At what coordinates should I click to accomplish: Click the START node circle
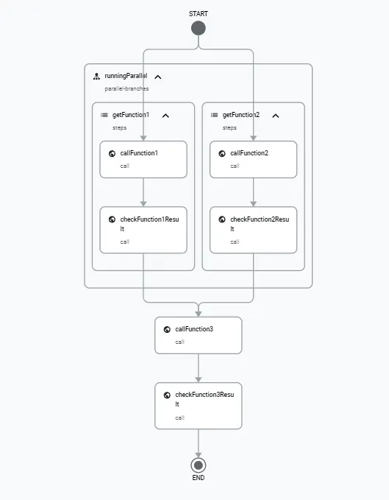pyautogui.click(x=198, y=28)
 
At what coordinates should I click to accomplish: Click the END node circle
pyautogui.click(x=198, y=465)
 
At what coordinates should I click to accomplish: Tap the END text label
pyautogui.click(x=198, y=478)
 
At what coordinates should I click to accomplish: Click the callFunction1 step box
pyautogui.click(x=143, y=159)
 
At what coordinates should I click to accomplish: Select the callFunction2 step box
pyautogui.click(x=254, y=159)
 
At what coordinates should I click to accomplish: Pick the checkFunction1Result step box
pyautogui.click(x=143, y=230)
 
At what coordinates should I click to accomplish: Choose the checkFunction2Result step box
pyautogui.click(x=254, y=230)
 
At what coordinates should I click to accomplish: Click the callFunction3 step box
pyautogui.click(x=198, y=335)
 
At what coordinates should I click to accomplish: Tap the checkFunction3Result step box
pyautogui.click(x=198, y=405)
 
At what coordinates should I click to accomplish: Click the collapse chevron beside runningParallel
pyautogui.click(x=157, y=77)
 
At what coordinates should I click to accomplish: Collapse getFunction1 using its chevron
pyautogui.click(x=165, y=116)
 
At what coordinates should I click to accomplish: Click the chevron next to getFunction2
pyautogui.click(x=276, y=116)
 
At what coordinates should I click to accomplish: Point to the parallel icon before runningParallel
pyautogui.click(x=96, y=76)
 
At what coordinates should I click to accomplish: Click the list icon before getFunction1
pyautogui.click(x=104, y=115)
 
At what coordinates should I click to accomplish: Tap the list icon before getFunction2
pyautogui.click(x=214, y=115)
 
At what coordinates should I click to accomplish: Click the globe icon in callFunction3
pyautogui.click(x=167, y=329)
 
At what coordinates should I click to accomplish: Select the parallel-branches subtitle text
pyautogui.click(x=126, y=88)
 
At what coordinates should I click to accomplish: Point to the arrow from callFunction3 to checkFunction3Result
pyautogui.click(x=198, y=367)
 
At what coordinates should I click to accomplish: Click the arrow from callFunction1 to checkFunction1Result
pyautogui.click(x=143, y=192)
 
